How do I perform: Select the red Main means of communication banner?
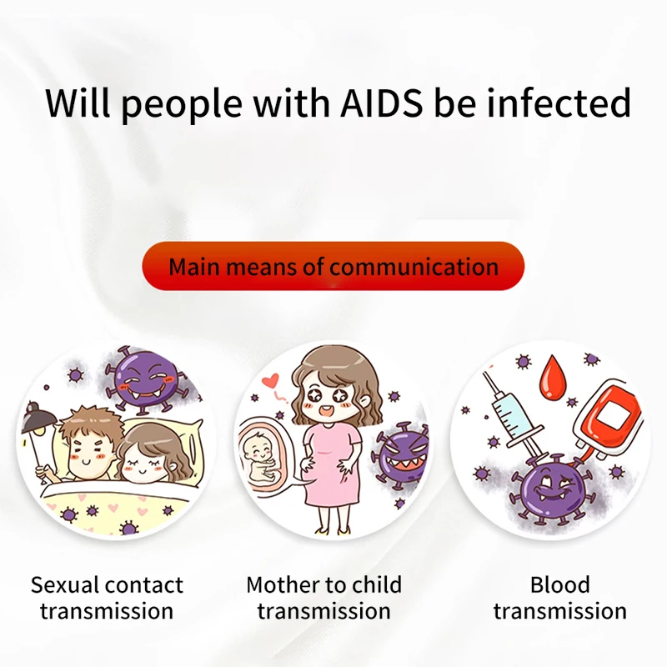tap(333, 267)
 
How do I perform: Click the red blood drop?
tap(551, 376)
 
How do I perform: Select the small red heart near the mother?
tap(268, 384)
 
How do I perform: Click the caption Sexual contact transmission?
tap(107, 597)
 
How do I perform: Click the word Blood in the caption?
tap(559, 584)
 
